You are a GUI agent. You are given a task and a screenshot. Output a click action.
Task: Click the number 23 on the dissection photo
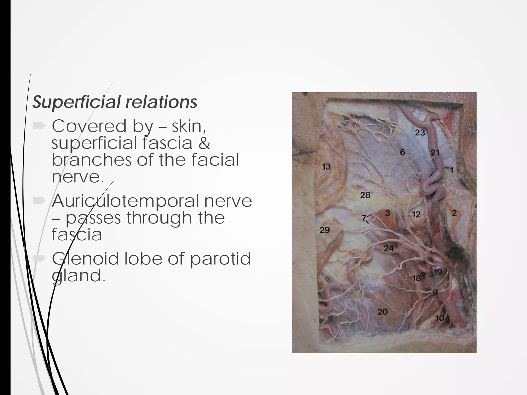420,132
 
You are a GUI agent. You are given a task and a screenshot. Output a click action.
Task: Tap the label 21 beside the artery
435,152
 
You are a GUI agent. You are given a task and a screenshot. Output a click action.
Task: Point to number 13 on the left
326,167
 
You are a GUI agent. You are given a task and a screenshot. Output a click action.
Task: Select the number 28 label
365,195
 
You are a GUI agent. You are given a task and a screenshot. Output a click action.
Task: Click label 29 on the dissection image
324,230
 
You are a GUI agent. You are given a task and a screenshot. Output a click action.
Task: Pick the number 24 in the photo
389,248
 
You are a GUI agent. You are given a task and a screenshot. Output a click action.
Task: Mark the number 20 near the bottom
382,312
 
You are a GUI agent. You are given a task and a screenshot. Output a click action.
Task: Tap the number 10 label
440,318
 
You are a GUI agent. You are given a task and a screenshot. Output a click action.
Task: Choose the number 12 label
416,214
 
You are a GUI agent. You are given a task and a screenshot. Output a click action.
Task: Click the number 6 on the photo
402,152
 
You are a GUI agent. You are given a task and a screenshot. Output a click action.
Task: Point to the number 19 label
438,272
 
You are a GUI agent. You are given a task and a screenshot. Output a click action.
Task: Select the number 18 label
416,278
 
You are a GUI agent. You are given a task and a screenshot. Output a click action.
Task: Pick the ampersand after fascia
204,143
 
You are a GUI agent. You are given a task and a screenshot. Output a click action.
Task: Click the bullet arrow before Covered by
39,126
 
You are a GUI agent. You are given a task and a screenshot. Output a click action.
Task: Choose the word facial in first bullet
215,160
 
